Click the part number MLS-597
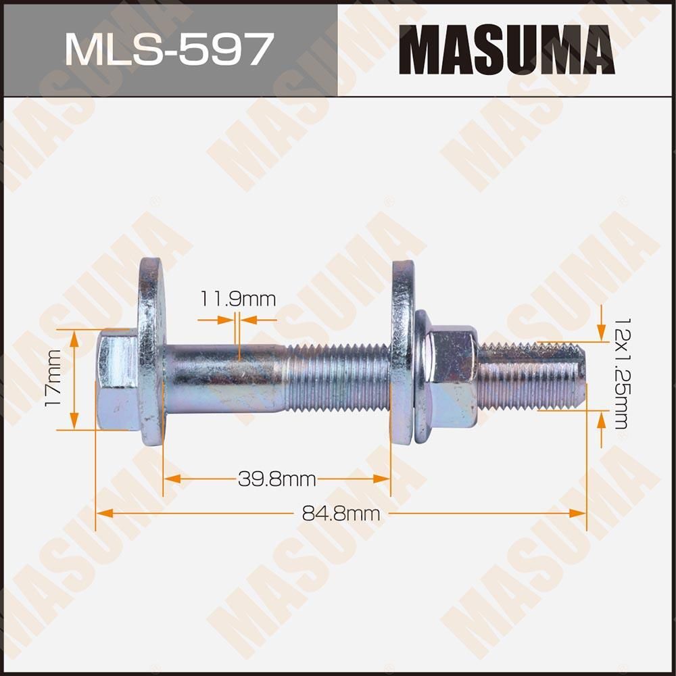coord(168,49)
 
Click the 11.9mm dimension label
coord(237,298)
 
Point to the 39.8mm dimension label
coord(277,479)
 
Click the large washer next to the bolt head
coord(151,352)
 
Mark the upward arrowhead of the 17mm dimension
coord(75,336)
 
